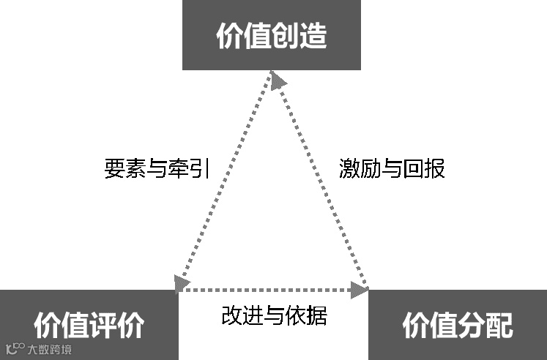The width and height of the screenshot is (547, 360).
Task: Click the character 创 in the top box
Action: tap(285, 36)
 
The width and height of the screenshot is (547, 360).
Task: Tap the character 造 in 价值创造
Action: tap(313, 36)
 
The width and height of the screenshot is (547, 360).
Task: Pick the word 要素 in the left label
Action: tap(122, 169)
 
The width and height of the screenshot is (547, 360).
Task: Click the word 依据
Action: tap(309, 315)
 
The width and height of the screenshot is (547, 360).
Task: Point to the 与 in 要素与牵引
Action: tap(157, 169)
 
